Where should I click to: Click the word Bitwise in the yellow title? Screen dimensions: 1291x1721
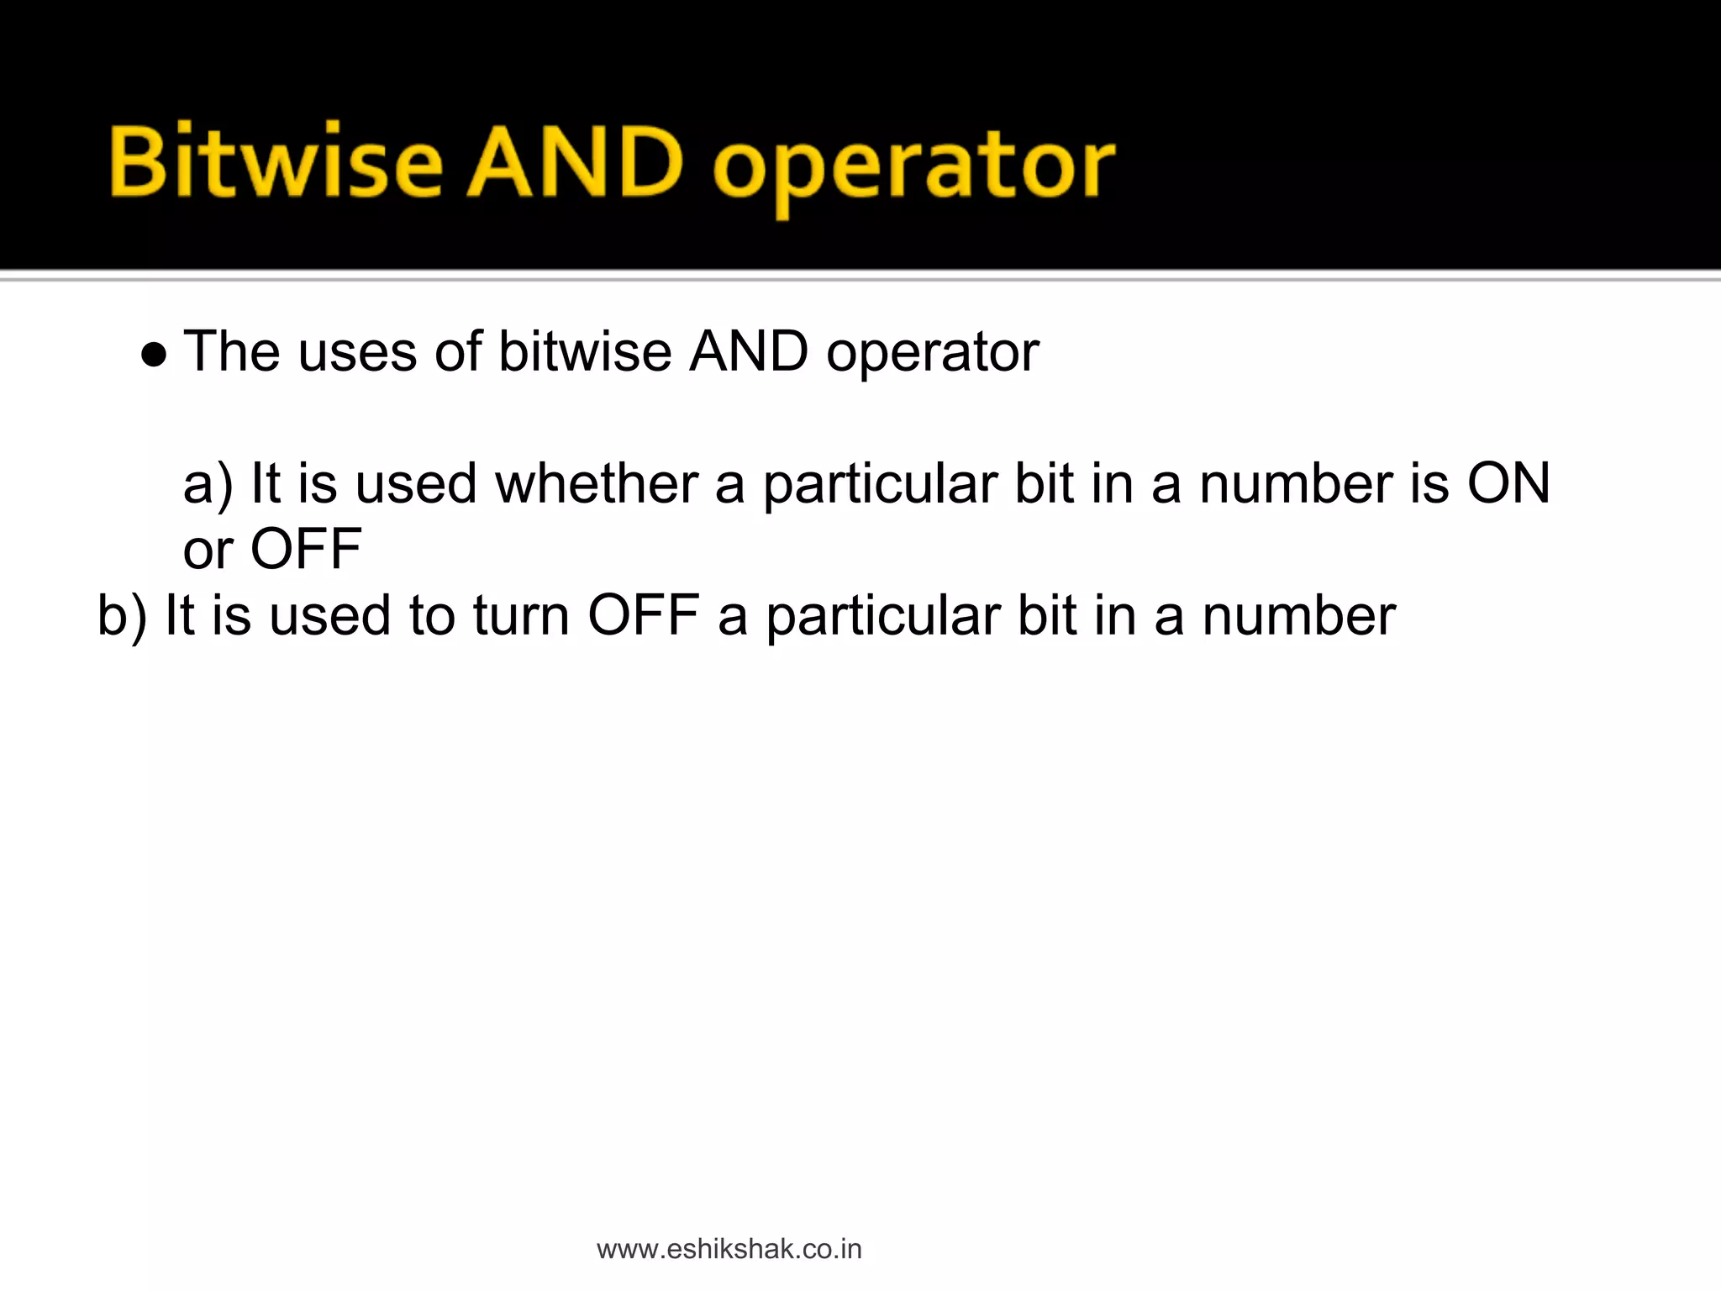[275, 162]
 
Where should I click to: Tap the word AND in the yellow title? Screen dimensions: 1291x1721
[576, 162]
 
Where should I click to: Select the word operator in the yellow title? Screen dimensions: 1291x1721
[913, 168]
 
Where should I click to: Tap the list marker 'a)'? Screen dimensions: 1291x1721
[207, 485]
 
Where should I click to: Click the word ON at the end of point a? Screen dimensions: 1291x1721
[1508, 485]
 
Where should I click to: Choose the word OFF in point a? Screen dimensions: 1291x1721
[306, 551]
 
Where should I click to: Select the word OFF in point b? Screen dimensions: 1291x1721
[643, 616]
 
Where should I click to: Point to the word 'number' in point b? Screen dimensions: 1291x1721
[1298, 616]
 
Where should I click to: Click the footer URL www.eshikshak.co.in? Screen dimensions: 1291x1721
[729, 1250]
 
